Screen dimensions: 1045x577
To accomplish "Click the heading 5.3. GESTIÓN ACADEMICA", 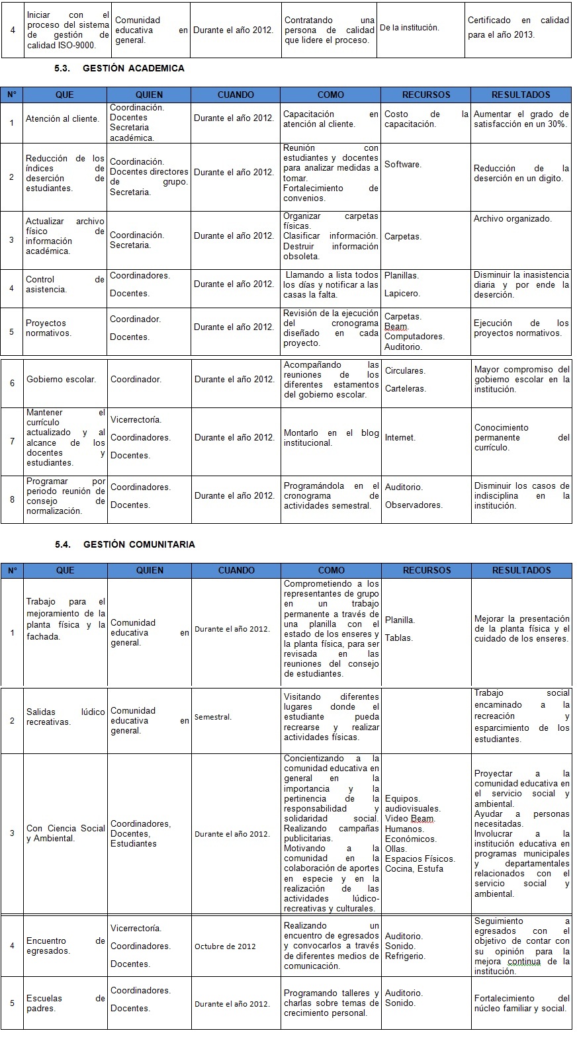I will coord(119,68).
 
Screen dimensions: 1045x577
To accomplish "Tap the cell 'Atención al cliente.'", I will coord(62,119).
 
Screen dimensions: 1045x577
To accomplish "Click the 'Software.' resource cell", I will coord(402,165).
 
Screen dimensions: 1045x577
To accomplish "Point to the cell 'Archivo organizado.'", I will coord(512,219).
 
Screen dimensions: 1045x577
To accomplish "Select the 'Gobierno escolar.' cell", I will coord(61,380).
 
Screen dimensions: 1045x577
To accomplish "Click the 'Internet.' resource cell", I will coord(400,438).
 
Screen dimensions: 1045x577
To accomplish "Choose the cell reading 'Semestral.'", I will coord(213,717).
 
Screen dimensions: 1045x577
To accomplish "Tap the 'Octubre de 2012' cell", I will coord(225,946).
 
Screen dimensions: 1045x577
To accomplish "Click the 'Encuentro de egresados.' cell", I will coord(65,946).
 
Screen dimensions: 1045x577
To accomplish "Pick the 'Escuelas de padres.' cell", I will coord(65,1003).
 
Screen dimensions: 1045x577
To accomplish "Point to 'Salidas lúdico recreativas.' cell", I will coord(65,717).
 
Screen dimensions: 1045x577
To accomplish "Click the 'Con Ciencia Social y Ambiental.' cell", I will coord(65,833).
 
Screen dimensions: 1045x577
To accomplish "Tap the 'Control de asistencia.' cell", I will coord(65,284).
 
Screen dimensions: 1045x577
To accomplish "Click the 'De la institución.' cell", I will coord(409,28).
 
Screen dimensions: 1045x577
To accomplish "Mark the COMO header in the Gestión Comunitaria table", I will coord(331,570).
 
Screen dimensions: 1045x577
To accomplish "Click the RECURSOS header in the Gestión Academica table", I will coord(426,95).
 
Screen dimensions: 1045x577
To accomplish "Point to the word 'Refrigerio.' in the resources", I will coord(405,956).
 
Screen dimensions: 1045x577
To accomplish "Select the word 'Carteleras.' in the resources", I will coord(405,389).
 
